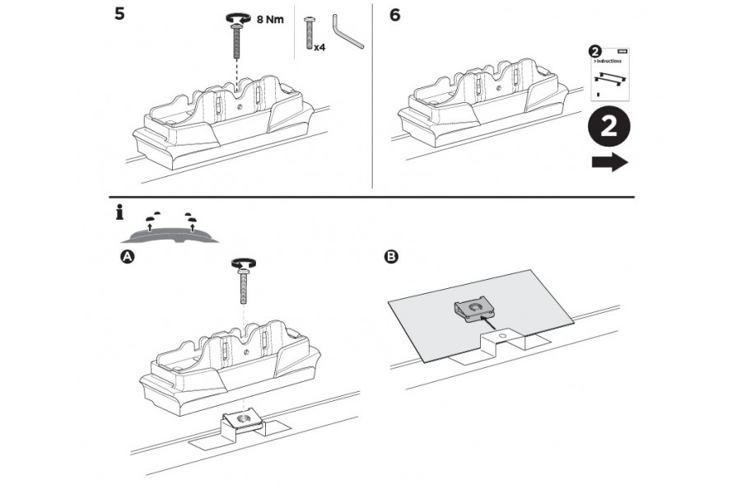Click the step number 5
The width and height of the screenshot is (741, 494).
pos(119,16)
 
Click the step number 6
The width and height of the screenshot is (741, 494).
pos(395,16)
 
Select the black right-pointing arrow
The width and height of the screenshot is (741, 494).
pos(609,162)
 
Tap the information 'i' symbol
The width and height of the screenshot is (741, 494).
pos(120,213)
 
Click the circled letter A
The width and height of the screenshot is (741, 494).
pos(127,258)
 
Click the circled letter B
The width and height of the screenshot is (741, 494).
pos(391,258)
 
